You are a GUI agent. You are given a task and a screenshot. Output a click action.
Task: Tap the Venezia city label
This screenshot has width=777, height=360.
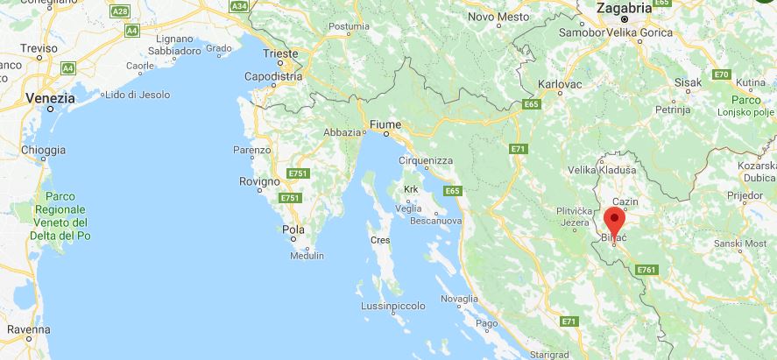50,98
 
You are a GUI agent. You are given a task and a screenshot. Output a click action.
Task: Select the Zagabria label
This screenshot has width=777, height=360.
624,7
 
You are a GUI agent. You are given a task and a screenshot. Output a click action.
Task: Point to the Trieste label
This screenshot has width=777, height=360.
280,53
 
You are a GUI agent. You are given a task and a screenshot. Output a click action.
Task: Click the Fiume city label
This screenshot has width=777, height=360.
385,124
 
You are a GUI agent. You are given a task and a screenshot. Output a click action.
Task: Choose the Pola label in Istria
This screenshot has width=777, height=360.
293,229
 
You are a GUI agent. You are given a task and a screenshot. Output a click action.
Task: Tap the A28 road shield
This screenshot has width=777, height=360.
121,11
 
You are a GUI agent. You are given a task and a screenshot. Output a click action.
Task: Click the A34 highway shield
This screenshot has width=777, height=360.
238,6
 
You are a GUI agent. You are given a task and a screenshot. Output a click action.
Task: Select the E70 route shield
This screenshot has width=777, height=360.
721,74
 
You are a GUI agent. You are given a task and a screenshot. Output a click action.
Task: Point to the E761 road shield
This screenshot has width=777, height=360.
646,269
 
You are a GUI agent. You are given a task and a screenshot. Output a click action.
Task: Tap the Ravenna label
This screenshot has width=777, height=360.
28,329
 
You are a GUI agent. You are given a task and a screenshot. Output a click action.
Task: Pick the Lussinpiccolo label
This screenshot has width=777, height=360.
392,306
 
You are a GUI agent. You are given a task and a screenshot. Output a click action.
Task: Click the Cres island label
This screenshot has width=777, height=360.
380,238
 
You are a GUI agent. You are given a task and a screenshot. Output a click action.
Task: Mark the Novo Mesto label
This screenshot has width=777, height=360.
498,17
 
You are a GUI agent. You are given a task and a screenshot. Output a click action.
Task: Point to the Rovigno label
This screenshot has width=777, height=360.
259,181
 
